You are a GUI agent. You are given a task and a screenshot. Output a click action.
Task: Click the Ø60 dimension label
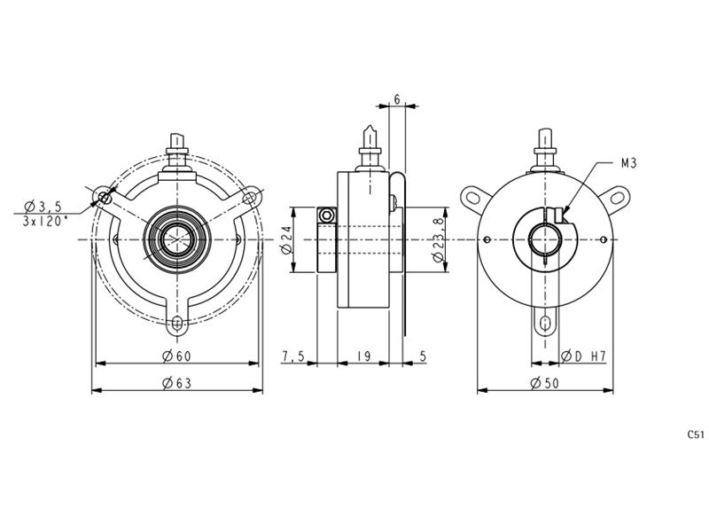pyautogui.click(x=176, y=356)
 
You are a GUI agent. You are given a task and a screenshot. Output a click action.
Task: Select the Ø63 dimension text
pyautogui.click(x=176, y=384)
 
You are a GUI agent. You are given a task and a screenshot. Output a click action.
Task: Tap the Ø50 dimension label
pyautogui.click(x=545, y=384)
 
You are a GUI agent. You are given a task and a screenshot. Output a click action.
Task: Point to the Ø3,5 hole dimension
pyautogui.click(x=43, y=207)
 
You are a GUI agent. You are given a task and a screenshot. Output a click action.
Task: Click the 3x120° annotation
pyautogui.click(x=45, y=221)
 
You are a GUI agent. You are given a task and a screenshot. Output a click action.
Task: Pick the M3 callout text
pyautogui.click(x=628, y=163)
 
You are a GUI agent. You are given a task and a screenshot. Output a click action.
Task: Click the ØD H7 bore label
pyautogui.click(x=583, y=356)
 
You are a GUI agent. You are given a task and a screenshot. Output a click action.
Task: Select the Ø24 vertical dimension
pyautogui.click(x=286, y=239)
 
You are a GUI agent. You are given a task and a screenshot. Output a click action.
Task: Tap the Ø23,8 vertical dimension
pyautogui.click(x=438, y=239)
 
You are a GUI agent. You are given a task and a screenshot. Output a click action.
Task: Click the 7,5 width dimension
pyautogui.click(x=293, y=356)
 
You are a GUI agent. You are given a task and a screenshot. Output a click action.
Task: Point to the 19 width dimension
pyautogui.click(x=363, y=356)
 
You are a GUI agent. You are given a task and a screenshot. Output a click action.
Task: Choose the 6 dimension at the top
pyautogui.click(x=397, y=99)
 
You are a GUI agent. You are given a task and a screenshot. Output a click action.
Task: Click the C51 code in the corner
pyautogui.click(x=696, y=434)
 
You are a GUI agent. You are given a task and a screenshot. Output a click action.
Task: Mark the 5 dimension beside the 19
pyautogui.click(x=423, y=356)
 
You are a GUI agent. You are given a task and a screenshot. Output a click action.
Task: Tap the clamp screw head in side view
pyautogui.click(x=326, y=215)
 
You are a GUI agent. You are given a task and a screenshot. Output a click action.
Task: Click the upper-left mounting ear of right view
pyautogui.click(x=475, y=198)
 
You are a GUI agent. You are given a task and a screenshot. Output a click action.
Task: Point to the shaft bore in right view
pyautogui.click(x=545, y=239)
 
